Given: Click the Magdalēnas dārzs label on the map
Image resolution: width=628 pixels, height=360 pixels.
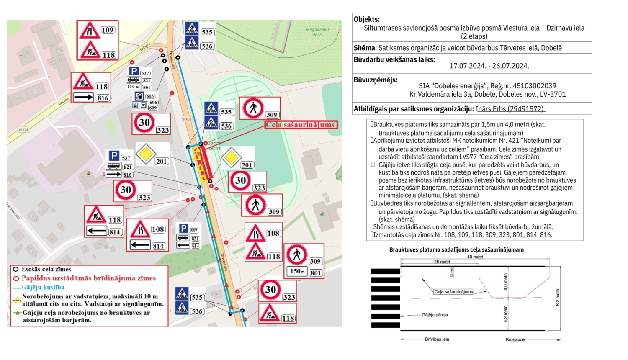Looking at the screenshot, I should [317, 32].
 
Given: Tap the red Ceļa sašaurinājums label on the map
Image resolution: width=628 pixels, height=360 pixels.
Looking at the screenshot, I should [301, 125].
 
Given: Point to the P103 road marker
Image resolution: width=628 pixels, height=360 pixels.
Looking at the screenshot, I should [187, 119].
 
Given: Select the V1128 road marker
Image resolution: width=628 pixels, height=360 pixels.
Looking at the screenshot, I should [23, 130].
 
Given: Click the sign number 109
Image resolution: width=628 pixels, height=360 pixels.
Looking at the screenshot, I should [108, 30].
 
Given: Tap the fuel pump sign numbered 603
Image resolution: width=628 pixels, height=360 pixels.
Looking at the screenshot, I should [139, 96].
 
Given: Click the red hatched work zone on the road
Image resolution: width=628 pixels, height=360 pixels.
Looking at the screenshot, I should [205, 161].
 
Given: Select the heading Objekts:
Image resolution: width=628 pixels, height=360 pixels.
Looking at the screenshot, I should [367, 19].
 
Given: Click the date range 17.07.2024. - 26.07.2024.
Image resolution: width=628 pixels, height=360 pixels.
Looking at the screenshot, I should [489, 66].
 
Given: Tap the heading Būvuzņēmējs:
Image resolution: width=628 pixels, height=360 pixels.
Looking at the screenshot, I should [376, 80].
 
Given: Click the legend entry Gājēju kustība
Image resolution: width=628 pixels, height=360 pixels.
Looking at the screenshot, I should [43, 287].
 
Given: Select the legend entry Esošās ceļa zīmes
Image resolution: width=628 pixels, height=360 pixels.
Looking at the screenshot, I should [46, 269].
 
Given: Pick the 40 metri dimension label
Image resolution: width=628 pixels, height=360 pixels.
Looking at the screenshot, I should [475, 257].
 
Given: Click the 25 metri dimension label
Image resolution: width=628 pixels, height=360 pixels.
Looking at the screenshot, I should [442, 262].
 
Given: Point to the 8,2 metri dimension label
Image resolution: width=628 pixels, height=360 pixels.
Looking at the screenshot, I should [557, 297].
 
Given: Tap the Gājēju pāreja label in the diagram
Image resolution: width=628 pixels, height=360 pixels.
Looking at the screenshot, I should [434, 315].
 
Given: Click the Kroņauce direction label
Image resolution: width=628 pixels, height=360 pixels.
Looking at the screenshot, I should [515, 339].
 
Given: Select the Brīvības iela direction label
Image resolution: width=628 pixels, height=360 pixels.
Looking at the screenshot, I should [437, 339].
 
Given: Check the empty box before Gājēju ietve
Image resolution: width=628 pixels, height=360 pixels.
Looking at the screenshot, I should [373, 165].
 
